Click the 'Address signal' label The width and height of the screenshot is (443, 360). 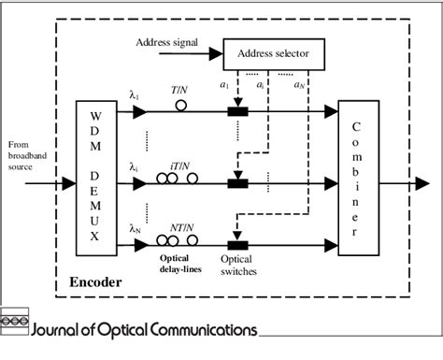coord(167,42)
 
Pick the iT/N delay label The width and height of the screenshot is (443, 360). coord(181,166)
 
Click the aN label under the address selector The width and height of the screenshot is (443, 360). coord(298,83)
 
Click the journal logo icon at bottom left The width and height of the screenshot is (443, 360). coord(13,321)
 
